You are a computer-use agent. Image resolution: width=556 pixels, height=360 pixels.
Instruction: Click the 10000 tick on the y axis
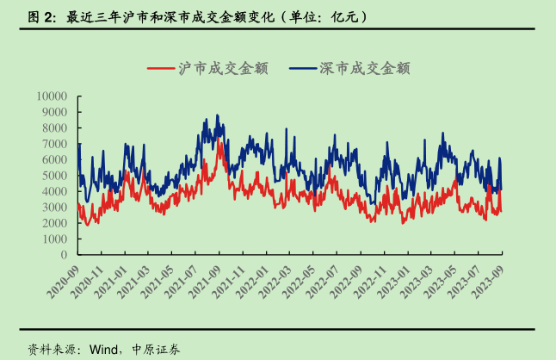[53, 96]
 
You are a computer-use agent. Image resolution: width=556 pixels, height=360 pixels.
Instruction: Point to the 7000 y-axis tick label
[57, 144]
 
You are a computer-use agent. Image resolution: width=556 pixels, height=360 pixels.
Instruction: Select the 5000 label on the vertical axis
[57, 176]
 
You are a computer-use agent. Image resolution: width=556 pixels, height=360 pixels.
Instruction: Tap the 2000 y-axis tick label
[57, 223]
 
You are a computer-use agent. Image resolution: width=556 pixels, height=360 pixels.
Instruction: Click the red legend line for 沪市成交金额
[161, 68]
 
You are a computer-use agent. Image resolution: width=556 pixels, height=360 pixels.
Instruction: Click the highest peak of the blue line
[217, 115]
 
